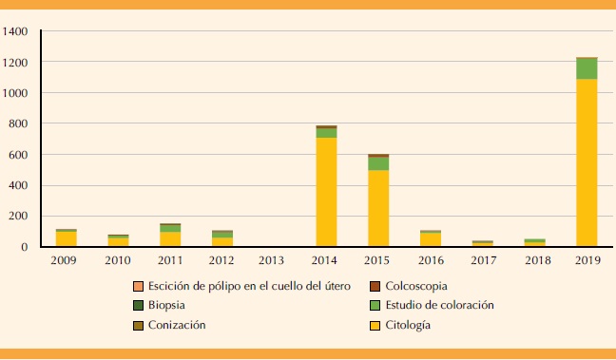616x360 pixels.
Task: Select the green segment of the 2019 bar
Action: pyautogui.click(x=587, y=69)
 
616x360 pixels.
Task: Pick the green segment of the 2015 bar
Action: pyautogui.click(x=378, y=163)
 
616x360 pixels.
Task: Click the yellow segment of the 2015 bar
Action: pyautogui.click(x=378, y=209)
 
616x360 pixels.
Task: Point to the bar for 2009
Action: pyautogui.click(x=66, y=238)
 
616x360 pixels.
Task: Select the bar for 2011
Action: pyautogui.click(x=170, y=237)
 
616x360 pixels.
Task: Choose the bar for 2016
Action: pyautogui.click(x=431, y=239)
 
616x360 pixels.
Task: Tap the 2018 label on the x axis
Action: pyautogui.click(x=534, y=260)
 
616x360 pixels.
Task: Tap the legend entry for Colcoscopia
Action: pyautogui.click(x=409, y=286)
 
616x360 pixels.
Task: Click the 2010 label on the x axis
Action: pyautogui.click(x=118, y=260)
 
